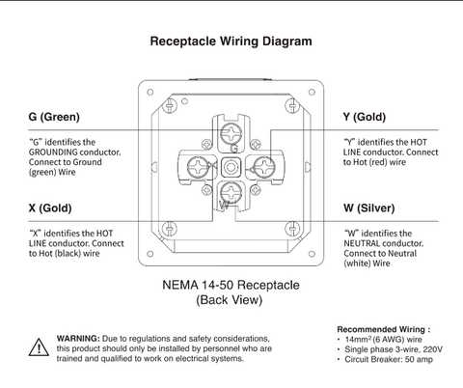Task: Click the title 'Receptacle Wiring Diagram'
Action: click(x=231, y=42)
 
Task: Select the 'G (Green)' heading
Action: click(x=60, y=117)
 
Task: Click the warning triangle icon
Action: click(x=39, y=347)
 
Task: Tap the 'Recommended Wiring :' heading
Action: click(x=383, y=329)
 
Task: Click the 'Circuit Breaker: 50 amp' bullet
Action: click(x=389, y=360)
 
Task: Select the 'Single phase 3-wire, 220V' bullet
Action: click(x=393, y=349)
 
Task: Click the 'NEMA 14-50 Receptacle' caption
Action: click(x=231, y=286)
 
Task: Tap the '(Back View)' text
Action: click(x=231, y=300)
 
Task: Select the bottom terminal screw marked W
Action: click(x=231, y=198)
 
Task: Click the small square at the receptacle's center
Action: click(x=231, y=169)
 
